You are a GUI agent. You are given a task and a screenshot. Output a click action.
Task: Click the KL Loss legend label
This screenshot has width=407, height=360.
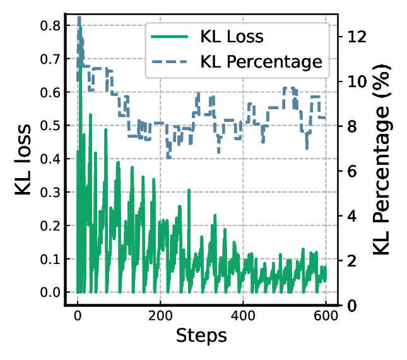[232, 37]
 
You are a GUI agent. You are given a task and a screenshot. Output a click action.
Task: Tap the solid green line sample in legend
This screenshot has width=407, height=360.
[170, 37]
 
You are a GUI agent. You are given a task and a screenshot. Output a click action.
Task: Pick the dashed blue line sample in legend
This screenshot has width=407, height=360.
[170, 62]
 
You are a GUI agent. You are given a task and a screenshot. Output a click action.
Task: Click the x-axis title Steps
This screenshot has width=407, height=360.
[201, 335]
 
